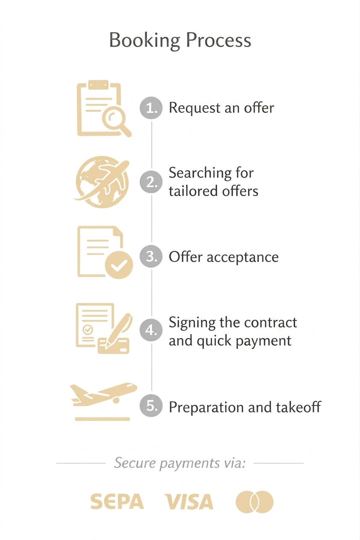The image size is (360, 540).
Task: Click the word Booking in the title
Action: click(145, 41)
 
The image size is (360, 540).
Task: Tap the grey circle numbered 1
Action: click(151, 108)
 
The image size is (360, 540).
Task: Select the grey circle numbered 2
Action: click(151, 182)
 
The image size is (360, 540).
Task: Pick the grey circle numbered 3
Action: click(151, 256)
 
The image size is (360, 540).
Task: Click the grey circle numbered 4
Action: click(151, 330)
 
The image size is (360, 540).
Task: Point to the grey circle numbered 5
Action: click(151, 405)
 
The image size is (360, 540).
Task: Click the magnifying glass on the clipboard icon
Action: click(116, 122)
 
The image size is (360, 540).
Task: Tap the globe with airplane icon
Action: click(102, 182)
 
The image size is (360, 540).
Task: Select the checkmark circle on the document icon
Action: click(119, 265)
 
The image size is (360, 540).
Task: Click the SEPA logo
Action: click(117, 501)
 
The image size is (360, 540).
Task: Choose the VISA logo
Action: click(189, 501)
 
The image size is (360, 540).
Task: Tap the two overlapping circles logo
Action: click(254, 502)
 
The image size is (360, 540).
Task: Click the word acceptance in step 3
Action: click(242, 257)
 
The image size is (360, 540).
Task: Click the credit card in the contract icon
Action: click(113, 346)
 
